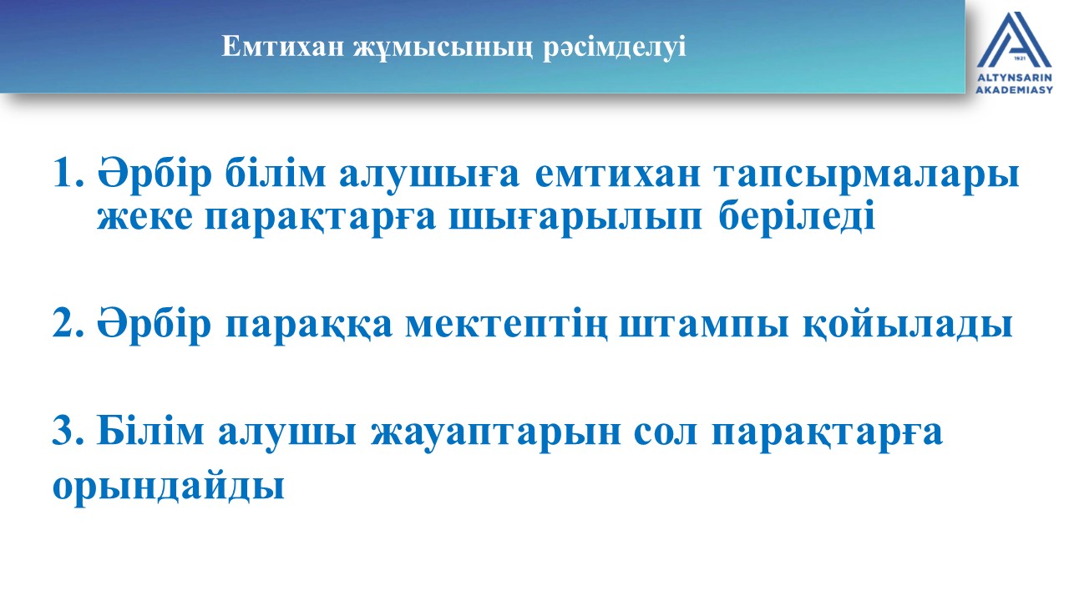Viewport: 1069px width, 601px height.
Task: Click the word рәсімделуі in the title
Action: pos(614,48)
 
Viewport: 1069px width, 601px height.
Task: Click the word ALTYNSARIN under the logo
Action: pos(1014,78)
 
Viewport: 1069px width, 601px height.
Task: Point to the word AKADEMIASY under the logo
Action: pos(1014,89)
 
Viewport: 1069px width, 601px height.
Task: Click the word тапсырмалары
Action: pos(867,175)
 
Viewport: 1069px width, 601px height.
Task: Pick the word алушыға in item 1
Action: pos(429,174)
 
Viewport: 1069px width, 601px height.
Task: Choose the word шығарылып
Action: pos(575,219)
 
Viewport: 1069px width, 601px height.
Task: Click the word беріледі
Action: pos(797,215)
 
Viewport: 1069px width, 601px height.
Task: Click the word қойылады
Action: pos(907,325)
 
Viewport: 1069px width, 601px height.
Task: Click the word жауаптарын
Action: pos(496,434)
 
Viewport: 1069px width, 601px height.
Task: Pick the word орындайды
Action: pos(169,487)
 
